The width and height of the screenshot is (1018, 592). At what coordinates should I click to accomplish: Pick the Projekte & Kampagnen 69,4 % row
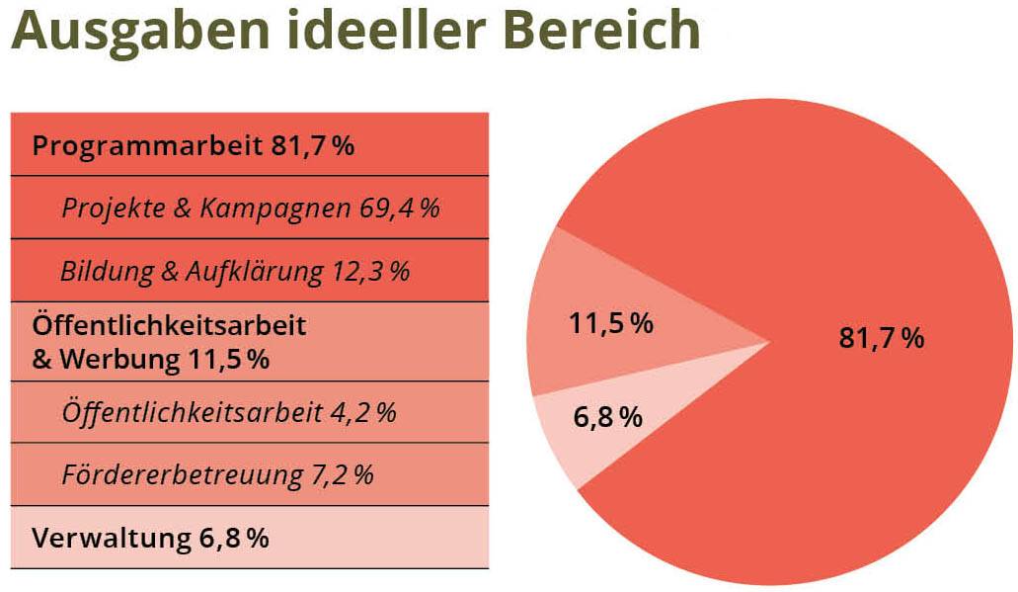250,209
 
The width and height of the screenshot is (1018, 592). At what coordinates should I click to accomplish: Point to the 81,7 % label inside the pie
881,338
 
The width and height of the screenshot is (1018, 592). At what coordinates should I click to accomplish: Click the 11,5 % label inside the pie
611,323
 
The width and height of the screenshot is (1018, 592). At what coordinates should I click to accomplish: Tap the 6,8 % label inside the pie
607,417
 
